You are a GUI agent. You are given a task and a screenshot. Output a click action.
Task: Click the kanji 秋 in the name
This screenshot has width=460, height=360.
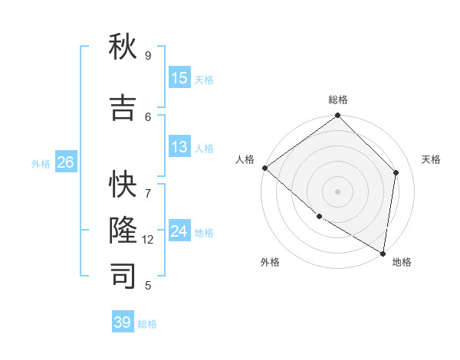[x=123, y=47]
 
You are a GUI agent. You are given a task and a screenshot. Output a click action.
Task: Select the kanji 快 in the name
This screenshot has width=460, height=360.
[x=123, y=185]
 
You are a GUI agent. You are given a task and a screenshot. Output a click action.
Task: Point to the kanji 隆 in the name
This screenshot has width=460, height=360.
[x=123, y=231]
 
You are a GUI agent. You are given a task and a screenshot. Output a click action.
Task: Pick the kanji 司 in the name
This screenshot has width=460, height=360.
[x=123, y=277]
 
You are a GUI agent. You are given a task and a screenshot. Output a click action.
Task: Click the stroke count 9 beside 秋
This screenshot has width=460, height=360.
[x=148, y=55]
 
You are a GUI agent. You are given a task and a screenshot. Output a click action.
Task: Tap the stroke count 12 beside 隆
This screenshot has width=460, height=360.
[x=148, y=240]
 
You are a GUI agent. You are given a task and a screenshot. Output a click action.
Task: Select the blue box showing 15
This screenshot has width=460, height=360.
[x=179, y=78]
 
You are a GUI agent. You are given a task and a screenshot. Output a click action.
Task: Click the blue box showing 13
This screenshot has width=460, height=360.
[x=179, y=147]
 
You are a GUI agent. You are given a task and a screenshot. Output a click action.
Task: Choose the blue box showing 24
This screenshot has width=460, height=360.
[x=179, y=231]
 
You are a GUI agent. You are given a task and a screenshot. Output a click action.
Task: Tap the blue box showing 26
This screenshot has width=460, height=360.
[x=66, y=162]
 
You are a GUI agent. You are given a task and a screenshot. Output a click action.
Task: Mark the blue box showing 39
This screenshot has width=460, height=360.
[x=123, y=322]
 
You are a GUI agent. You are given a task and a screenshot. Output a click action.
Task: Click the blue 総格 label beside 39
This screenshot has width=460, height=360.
[x=147, y=324]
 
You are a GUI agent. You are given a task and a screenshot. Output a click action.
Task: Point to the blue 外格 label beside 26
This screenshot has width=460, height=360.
[x=41, y=163]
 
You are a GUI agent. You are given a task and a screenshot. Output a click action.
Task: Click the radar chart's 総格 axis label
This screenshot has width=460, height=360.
[x=338, y=100]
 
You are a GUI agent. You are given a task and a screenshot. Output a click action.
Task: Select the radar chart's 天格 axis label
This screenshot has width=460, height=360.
[x=431, y=159]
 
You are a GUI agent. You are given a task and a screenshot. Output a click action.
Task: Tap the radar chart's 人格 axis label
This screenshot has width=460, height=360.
[x=245, y=159]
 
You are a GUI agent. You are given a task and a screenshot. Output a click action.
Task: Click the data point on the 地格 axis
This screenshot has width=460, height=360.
[x=383, y=253]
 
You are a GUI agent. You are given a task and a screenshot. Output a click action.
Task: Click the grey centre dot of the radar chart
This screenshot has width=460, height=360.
[x=338, y=191]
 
